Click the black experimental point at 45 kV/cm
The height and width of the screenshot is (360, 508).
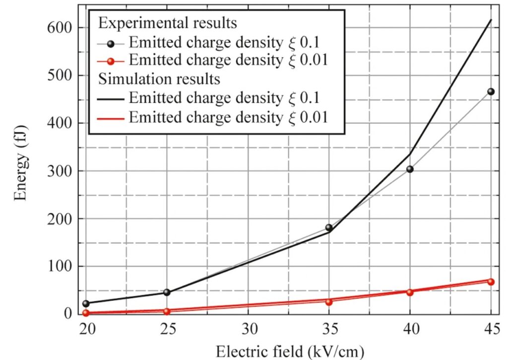click(x=491, y=92)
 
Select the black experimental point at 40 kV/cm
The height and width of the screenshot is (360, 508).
click(x=410, y=169)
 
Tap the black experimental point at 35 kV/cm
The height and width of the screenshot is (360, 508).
click(x=329, y=228)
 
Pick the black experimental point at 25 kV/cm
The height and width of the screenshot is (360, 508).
click(x=167, y=292)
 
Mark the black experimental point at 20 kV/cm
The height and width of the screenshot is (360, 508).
click(x=86, y=303)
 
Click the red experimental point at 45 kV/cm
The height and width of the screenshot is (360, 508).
click(x=491, y=282)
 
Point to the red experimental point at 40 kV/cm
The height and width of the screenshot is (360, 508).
click(x=410, y=292)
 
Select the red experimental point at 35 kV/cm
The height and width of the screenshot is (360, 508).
click(x=329, y=301)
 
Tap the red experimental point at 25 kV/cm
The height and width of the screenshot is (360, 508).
click(x=167, y=311)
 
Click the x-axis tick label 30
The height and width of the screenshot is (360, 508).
click(x=248, y=329)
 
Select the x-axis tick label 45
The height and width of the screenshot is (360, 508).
click(x=491, y=329)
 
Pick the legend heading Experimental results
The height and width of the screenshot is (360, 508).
click(x=167, y=23)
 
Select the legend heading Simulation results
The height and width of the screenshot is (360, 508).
click(x=160, y=78)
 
